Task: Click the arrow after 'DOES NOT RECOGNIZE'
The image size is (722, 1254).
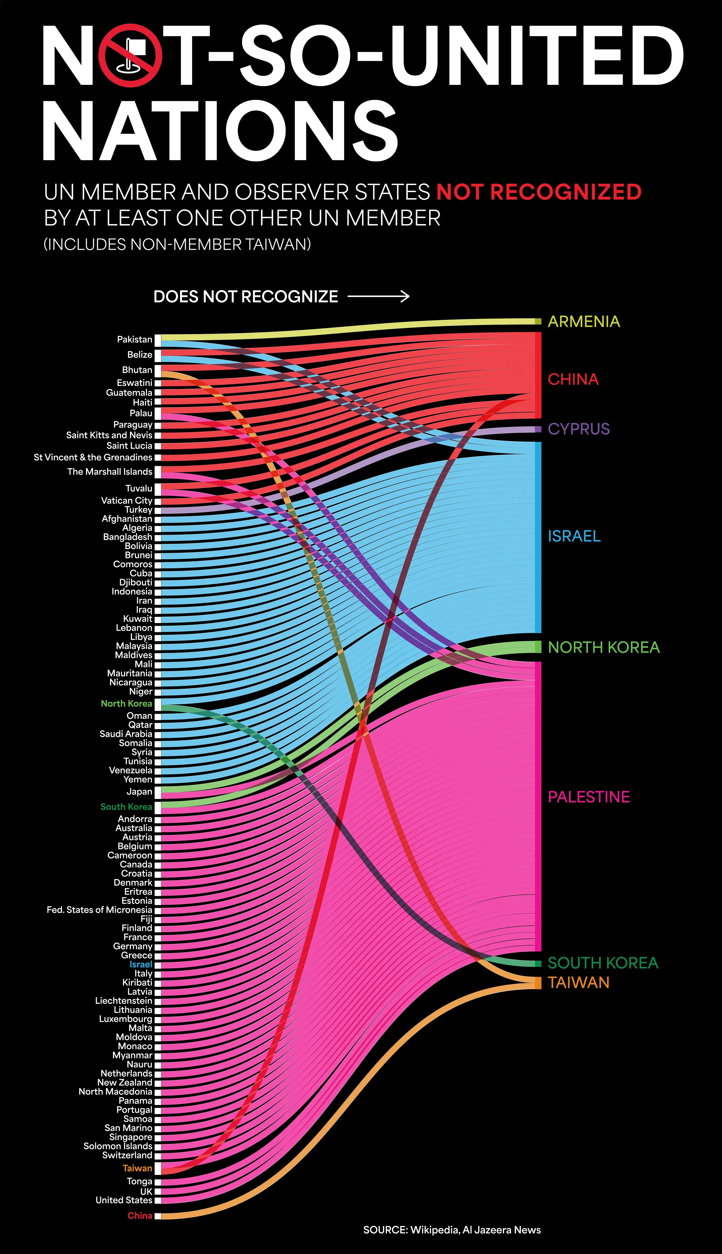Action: pos(378,297)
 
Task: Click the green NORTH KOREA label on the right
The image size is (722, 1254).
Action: pos(603,647)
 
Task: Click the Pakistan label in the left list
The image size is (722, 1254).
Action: pos(134,339)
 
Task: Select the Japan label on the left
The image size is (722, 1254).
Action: pos(139,792)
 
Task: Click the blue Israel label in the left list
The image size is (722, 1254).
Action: pos(141,964)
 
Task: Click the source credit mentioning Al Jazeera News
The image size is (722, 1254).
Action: pos(452,1230)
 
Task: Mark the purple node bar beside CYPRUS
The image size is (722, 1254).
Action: pos(538,429)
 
